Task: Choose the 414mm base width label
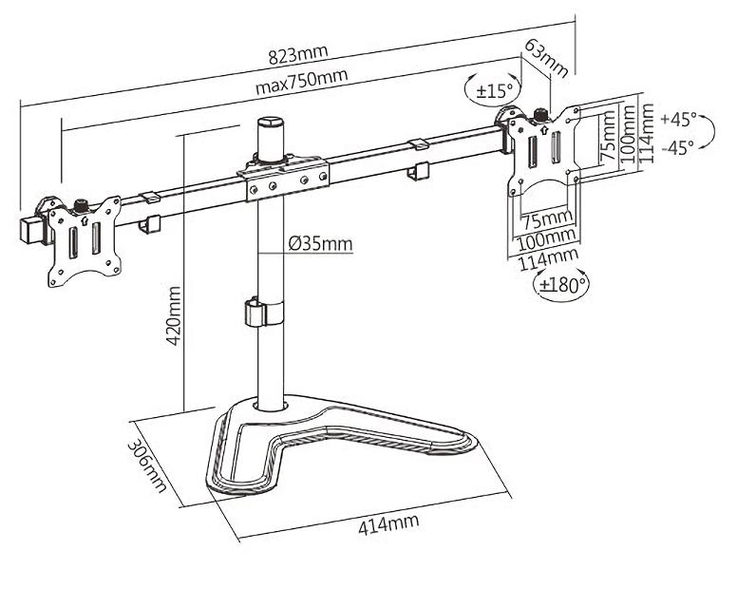click(x=389, y=524)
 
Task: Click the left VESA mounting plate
click(x=84, y=238)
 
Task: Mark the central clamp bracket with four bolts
click(x=286, y=180)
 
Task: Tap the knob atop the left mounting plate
click(x=81, y=203)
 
